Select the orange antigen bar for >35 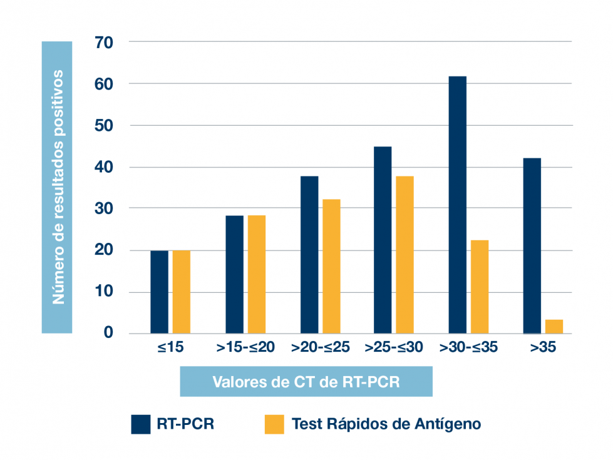[554, 327]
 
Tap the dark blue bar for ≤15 [159, 292]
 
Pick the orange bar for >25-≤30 [405, 255]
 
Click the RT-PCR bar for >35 [532, 245]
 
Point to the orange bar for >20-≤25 [331, 266]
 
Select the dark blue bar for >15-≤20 [235, 274]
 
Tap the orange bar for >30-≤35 [480, 287]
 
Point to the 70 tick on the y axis [103, 43]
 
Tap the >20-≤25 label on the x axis [320, 348]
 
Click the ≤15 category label [170, 348]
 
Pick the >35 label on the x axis [542, 348]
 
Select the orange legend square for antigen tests [274, 424]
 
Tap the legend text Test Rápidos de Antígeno [386, 424]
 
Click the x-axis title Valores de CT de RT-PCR [306, 382]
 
